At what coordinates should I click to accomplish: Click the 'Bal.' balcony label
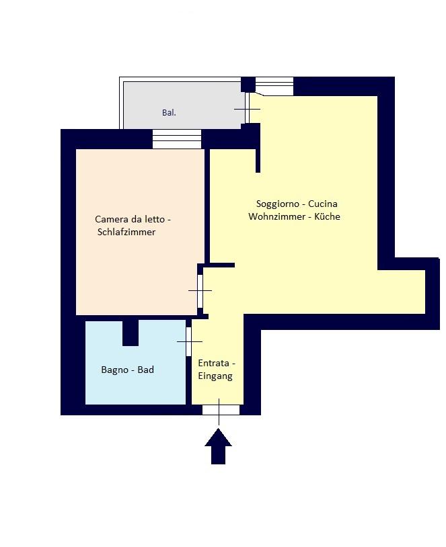[169, 113]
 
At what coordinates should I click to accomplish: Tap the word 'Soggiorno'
[278, 204]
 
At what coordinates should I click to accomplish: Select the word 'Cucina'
[323, 204]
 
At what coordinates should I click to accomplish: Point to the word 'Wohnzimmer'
[277, 216]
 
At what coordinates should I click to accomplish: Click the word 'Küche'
[327, 216]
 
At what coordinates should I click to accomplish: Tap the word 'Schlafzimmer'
[126, 233]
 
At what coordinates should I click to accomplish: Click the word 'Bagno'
[115, 370]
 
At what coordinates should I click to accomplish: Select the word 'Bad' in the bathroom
[146, 370]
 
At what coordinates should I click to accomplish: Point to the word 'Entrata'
[214, 363]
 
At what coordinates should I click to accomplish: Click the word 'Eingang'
[215, 376]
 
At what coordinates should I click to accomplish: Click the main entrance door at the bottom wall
[221, 410]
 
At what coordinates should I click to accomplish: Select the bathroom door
[189, 341]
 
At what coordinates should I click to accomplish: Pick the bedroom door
[200, 291]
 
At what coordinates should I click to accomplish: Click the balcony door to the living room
[248, 108]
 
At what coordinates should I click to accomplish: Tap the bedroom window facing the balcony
[177, 139]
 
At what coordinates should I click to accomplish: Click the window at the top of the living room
[274, 86]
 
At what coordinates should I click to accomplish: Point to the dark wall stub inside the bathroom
[131, 333]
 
